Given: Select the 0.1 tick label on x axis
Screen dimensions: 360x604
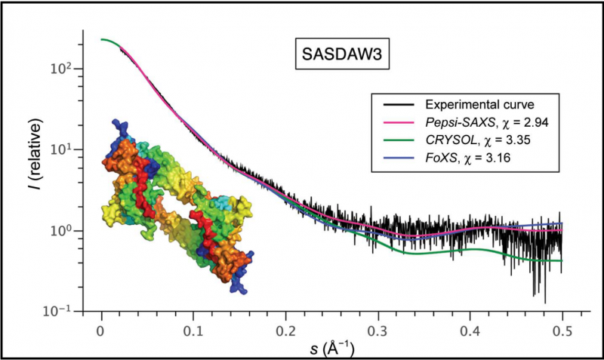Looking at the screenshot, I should point(193,331).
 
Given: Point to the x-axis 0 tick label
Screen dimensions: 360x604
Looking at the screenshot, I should point(101,331).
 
